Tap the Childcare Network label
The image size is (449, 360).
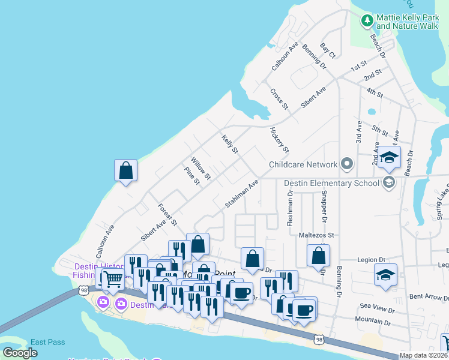(x=303, y=164)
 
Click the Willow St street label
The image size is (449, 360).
(x=200, y=168)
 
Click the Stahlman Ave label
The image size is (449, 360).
(x=242, y=193)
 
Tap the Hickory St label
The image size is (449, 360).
(x=280, y=139)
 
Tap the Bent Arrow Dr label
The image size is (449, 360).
(x=429, y=296)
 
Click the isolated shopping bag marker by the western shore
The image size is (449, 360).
(x=126, y=170)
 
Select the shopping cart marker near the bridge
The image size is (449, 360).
(x=112, y=278)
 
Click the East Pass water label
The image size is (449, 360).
(x=47, y=342)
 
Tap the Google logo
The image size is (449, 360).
(x=20, y=353)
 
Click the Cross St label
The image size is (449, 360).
(x=279, y=99)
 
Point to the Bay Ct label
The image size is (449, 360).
(x=328, y=50)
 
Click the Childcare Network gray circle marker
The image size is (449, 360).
(x=346, y=164)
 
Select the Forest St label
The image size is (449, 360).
(x=167, y=215)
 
